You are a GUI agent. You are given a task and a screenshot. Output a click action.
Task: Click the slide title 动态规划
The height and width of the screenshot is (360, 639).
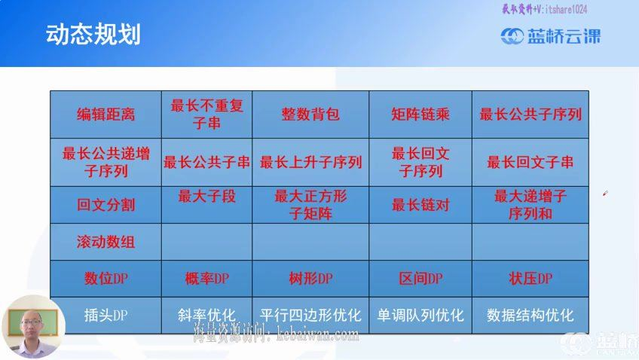93,35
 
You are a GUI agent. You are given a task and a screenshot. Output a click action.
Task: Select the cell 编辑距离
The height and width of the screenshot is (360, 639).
105,114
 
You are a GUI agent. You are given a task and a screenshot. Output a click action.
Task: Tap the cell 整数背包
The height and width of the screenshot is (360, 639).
310,114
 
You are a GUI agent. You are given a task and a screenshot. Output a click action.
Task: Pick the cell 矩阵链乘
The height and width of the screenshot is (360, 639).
420,114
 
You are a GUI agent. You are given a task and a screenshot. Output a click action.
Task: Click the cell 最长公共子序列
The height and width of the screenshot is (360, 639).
530,114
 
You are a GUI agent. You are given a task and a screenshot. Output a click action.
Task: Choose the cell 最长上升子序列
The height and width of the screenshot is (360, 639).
310,162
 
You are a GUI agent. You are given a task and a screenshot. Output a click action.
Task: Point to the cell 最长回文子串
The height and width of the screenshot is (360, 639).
530,162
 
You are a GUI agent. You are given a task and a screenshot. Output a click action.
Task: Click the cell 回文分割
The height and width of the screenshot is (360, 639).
105,205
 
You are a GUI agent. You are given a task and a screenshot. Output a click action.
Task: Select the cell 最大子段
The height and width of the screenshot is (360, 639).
206,197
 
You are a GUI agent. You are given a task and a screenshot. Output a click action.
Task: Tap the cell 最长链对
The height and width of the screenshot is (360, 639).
420,205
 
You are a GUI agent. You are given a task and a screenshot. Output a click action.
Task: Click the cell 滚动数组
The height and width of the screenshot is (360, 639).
105,243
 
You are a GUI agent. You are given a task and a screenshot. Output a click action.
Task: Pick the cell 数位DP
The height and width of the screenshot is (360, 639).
105,279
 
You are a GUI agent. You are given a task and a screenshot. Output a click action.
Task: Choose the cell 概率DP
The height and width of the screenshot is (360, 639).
206,279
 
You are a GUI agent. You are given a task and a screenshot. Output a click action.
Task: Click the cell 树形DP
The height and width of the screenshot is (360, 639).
310,279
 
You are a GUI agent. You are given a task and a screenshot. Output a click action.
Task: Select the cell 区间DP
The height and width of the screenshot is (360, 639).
420,279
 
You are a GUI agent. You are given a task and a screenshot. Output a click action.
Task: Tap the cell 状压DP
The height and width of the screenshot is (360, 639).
530,279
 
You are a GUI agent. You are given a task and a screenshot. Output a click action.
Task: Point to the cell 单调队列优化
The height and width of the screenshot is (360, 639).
420,315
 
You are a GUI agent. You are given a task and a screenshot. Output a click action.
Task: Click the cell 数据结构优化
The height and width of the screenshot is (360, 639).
530,315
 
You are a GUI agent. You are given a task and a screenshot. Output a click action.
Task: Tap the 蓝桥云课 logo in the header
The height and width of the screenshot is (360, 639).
551,35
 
